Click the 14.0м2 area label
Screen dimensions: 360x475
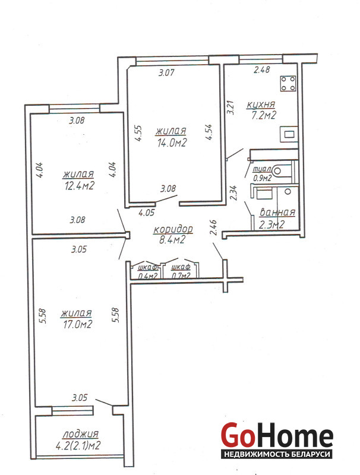(x=172, y=142)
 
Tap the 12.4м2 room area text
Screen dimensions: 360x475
(x=79, y=185)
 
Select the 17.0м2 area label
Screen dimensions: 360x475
(x=77, y=324)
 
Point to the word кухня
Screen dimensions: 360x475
(x=261, y=105)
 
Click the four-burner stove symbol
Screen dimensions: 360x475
(x=288, y=84)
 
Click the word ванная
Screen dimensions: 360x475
(x=277, y=213)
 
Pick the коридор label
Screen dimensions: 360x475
(x=173, y=229)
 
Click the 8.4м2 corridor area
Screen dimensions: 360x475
(x=172, y=240)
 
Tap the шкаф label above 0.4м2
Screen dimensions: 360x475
(x=147, y=268)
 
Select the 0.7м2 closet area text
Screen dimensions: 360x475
(x=181, y=275)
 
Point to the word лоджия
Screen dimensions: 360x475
(x=81, y=435)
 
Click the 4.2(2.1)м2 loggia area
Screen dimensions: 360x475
(x=78, y=446)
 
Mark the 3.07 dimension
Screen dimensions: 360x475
(x=166, y=72)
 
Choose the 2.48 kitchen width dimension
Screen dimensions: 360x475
(x=261, y=70)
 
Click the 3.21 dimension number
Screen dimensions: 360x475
(x=230, y=107)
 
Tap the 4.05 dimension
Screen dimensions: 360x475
(x=147, y=213)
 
